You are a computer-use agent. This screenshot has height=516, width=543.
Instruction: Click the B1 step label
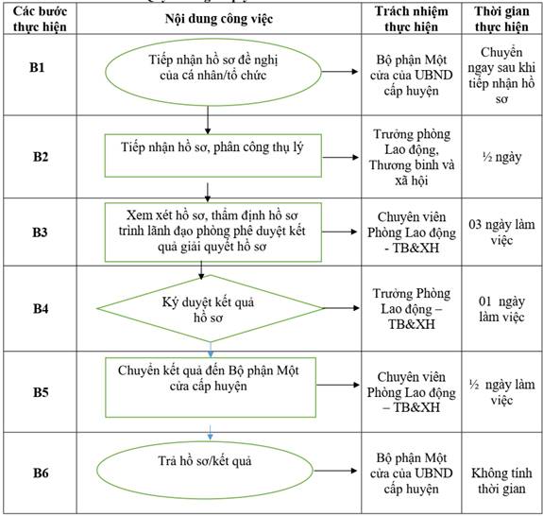(x=37, y=67)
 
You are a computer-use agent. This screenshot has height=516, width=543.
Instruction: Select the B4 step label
(x=41, y=308)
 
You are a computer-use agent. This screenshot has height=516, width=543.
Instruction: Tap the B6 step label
(x=41, y=473)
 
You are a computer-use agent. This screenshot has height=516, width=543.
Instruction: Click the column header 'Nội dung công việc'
(x=219, y=19)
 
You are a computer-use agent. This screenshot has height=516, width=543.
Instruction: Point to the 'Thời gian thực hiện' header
(x=501, y=19)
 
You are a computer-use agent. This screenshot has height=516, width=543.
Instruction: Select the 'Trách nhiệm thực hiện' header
(x=412, y=19)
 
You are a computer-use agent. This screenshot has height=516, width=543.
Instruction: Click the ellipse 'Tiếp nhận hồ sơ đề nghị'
(x=213, y=72)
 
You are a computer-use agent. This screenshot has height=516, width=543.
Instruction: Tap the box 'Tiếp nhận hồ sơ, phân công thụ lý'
(x=213, y=156)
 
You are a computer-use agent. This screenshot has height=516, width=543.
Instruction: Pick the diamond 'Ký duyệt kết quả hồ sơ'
(x=211, y=308)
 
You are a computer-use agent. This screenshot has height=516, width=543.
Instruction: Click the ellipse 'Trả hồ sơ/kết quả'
(x=205, y=471)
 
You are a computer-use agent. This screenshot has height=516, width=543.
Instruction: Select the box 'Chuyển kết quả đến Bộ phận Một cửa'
(x=211, y=387)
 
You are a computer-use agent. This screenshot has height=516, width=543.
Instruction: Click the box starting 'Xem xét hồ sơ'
(x=213, y=232)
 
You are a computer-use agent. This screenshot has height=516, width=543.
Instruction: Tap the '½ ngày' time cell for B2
(x=501, y=157)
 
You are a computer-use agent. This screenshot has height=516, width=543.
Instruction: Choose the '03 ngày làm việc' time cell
(x=501, y=232)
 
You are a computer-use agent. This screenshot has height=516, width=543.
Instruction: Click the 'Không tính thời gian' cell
(x=501, y=481)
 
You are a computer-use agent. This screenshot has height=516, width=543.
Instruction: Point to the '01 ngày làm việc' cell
(x=501, y=308)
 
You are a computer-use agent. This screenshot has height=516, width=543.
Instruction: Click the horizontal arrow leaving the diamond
(x=342, y=308)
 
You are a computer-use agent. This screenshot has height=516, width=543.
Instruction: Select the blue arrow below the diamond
(x=211, y=350)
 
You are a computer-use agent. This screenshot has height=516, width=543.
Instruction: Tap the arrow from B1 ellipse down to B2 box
(x=208, y=120)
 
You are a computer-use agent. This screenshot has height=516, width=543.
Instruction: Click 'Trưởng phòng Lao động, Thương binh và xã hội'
(x=412, y=157)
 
